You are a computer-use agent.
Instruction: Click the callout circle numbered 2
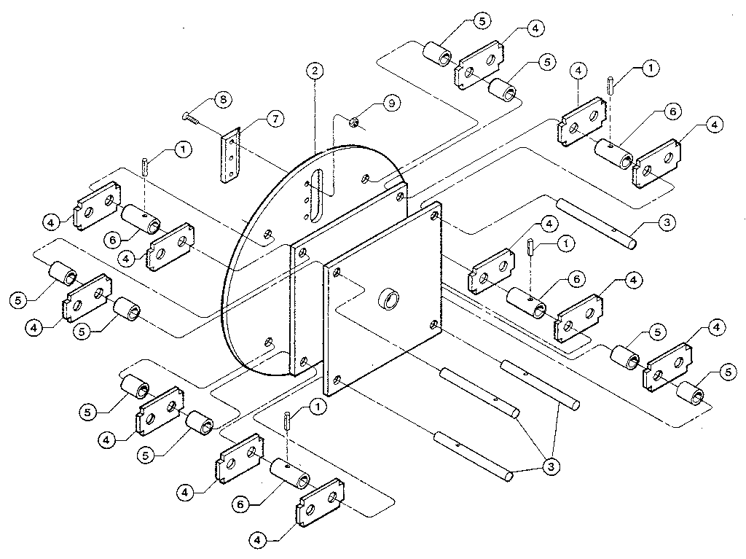coord(314,71)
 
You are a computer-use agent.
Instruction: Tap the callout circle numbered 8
coord(223,101)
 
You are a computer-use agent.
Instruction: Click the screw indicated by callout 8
coord(192,115)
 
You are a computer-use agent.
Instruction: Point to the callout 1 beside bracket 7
coord(181,150)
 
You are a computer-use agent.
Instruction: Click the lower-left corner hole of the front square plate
coord(337,380)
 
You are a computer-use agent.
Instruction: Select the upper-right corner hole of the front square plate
coord(434,216)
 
